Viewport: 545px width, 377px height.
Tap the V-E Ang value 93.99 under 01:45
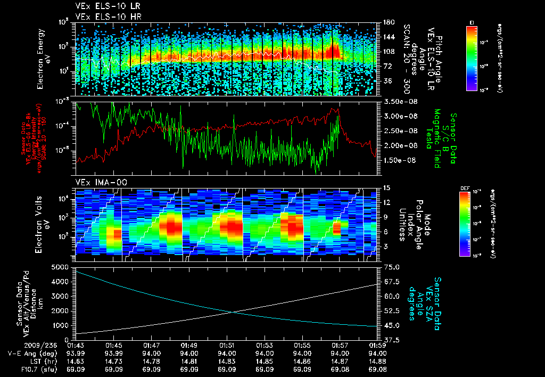(x=114, y=353)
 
